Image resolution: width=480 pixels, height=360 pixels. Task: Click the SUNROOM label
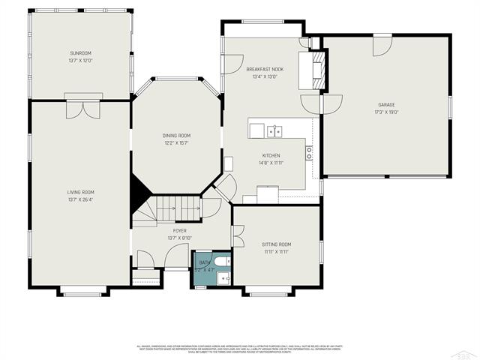[x=80, y=53]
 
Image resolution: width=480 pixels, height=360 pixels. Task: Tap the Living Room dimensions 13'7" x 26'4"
[x=80, y=199]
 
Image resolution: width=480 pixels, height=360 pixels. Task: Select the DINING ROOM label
[x=176, y=135]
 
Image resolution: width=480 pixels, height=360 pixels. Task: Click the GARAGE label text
[x=386, y=105]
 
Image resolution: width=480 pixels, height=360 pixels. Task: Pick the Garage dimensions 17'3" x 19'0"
[x=386, y=112]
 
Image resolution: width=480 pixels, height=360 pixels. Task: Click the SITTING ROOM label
[x=276, y=244]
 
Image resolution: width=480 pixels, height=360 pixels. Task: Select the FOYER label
[x=180, y=231]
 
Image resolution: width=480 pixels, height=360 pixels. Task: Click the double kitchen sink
[x=274, y=131]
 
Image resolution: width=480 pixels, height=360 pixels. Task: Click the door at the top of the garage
[x=382, y=44]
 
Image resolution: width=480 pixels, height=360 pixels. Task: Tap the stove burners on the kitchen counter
[x=308, y=152]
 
